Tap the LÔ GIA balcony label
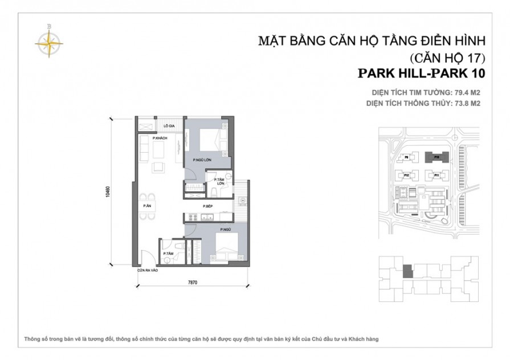point(169,125)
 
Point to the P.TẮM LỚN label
point(219,182)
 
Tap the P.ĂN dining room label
point(146,206)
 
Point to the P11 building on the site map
point(436,175)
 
